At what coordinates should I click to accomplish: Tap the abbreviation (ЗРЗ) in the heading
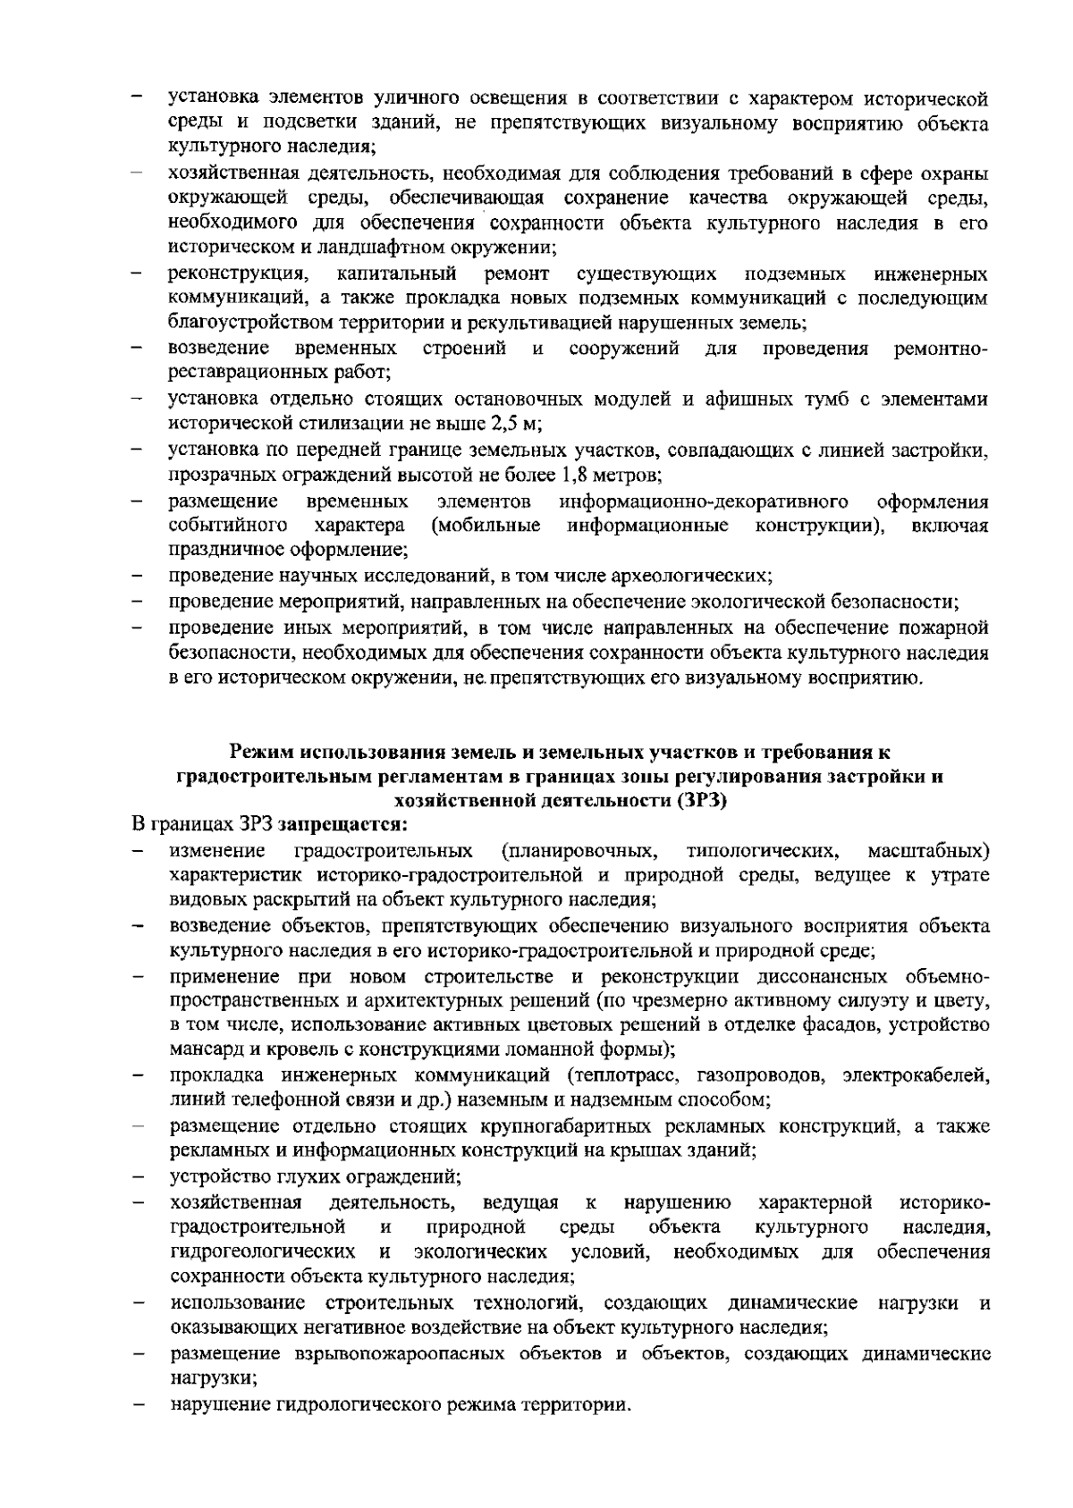701,800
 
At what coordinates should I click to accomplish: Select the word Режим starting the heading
260,751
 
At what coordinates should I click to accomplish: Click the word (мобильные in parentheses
485,525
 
